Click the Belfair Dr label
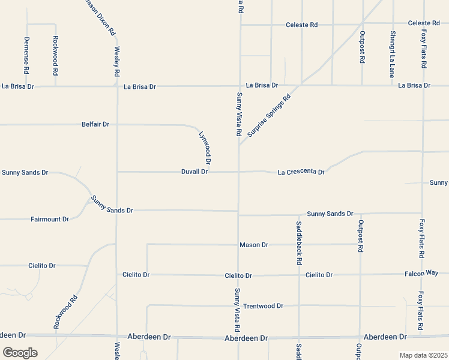95,124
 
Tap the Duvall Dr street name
194,172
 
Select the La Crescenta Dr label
301,172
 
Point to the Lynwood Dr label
205,148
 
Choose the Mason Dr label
254,245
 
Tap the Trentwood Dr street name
263,306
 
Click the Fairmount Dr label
50,220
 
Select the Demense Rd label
26,55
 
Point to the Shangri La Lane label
392,55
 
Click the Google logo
20,352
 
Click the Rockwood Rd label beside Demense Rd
55,55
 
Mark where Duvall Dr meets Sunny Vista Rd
239,172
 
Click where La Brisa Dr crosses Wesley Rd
116,86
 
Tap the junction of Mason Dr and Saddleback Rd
299,244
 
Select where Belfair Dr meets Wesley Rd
116,125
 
